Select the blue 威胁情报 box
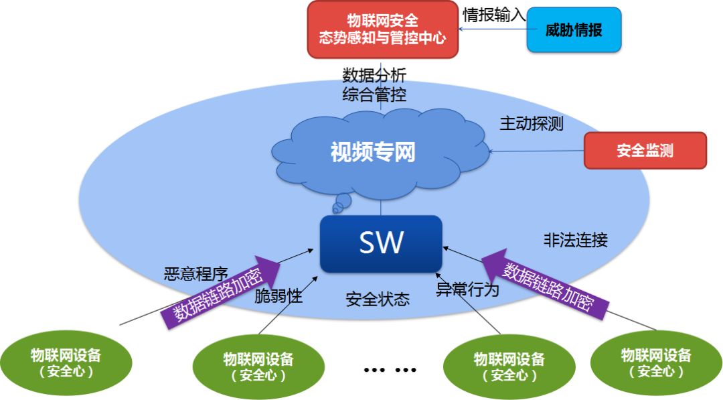point(574,30)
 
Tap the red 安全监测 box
point(645,150)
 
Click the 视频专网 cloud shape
point(373,153)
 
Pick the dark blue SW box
point(381,243)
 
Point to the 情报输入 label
point(494,15)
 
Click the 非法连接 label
point(575,240)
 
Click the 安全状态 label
point(378,299)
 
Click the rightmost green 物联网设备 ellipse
point(655,362)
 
